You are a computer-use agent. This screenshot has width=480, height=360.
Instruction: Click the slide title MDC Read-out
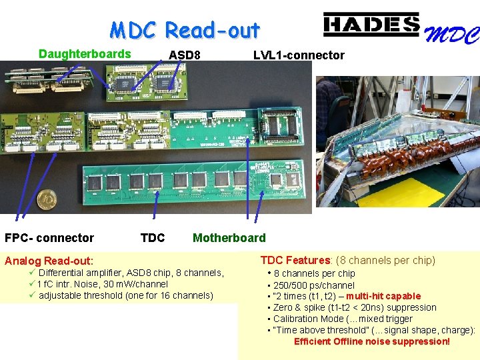(185, 31)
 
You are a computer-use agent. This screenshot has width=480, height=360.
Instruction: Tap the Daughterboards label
(85, 54)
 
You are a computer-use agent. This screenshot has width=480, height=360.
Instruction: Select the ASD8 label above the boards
(185, 55)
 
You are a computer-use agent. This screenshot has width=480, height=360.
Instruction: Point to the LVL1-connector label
(299, 55)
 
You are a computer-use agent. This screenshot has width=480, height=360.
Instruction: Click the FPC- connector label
(49, 238)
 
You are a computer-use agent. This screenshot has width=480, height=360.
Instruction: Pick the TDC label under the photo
(153, 238)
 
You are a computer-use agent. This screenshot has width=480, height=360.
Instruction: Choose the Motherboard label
(229, 238)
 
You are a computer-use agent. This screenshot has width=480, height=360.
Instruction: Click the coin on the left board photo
(46, 198)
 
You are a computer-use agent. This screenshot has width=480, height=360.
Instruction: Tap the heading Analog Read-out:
(49, 261)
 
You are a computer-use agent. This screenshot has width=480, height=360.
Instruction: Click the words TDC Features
(295, 260)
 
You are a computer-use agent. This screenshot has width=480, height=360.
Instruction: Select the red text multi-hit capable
(383, 296)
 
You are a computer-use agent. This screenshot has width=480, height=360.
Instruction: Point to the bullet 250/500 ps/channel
(314, 285)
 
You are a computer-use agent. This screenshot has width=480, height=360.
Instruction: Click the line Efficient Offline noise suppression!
(372, 341)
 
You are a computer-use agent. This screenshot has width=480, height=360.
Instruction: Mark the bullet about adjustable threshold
(126, 295)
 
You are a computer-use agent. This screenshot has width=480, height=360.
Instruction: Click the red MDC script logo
(451, 34)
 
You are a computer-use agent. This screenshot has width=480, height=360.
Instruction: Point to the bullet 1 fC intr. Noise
(103, 284)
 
